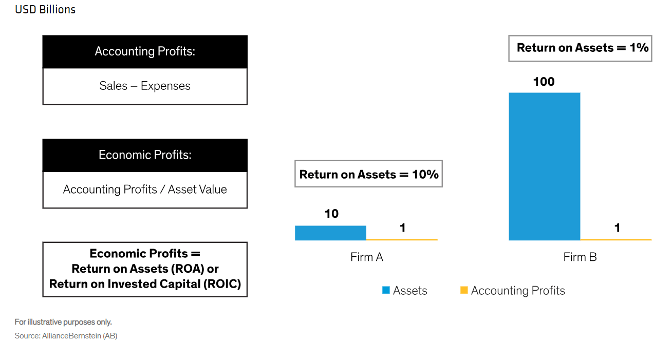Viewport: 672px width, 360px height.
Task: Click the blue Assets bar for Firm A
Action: tap(330, 233)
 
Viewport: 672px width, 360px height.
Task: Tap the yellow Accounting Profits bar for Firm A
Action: tap(402, 239)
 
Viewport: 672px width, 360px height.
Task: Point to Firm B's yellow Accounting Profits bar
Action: tap(615, 239)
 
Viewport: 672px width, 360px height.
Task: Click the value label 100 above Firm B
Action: tap(544, 82)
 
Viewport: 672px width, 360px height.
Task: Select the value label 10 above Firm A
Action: tap(331, 214)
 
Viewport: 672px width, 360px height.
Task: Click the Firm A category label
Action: tap(367, 257)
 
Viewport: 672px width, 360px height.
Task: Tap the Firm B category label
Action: tap(580, 257)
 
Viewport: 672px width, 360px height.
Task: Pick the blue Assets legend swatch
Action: tap(386, 290)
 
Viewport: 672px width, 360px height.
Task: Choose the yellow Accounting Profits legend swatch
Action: tap(464, 290)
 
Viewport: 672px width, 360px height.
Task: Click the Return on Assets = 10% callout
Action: tap(369, 174)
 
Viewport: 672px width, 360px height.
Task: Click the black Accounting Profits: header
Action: tap(145, 51)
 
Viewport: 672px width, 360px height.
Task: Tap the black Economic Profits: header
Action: tap(145, 155)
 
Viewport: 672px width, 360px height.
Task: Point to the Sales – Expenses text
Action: tap(145, 86)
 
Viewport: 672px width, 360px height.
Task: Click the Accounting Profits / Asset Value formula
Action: tap(145, 190)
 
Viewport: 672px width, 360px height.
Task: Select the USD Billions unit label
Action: tap(45, 9)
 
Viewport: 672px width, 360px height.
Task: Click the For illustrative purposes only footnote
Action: tap(63, 322)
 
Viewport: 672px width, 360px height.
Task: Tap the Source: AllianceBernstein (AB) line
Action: tap(66, 336)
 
